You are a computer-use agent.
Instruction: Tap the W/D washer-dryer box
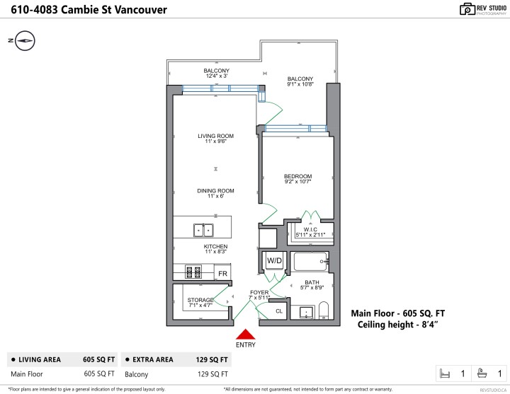(274, 261)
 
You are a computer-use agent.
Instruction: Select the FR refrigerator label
(222, 273)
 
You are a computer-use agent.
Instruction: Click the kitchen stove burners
(193, 272)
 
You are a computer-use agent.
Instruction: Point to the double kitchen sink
(204, 229)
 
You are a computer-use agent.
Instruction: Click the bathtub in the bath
(310, 263)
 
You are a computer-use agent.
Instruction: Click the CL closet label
(278, 311)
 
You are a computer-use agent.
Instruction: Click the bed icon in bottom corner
(446, 373)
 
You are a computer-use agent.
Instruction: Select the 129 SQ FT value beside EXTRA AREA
(211, 359)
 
